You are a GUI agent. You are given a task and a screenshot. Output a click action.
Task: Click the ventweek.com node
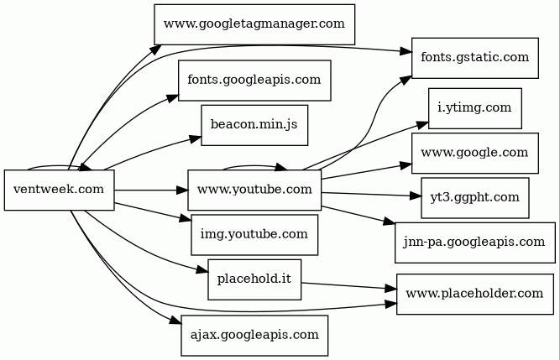point(59,190)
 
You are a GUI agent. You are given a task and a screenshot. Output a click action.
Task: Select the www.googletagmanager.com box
point(254,24)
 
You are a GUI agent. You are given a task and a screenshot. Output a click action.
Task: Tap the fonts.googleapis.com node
point(254,81)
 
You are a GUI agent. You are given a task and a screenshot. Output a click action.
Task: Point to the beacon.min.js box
point(254,125)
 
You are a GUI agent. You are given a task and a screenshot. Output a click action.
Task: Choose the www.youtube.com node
point(254,190)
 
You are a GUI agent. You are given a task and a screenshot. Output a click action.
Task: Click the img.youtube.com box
point(254,234)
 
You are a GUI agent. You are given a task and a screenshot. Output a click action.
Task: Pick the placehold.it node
point(254,279)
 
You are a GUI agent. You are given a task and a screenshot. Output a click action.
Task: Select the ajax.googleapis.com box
point(254,336)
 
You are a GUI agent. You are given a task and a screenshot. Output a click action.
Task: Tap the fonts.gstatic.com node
point(474,58)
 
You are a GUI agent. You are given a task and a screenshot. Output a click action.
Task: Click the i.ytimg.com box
point(474,108)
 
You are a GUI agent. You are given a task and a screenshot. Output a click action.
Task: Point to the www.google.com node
point(474,153)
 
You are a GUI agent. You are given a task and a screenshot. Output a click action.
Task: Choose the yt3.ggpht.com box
point(474,197)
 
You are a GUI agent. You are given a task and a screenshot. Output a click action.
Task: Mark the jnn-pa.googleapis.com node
point(474,243)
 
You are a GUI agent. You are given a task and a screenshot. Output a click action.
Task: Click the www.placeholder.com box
point(474,294)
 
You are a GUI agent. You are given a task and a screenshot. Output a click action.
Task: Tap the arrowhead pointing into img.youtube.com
point(186,220)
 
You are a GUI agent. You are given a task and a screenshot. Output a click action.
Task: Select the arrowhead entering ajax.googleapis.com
point(175,322)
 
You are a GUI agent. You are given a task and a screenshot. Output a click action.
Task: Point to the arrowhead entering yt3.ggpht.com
point(416,196)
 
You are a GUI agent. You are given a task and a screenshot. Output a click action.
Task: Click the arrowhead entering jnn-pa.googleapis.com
point(390,222)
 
